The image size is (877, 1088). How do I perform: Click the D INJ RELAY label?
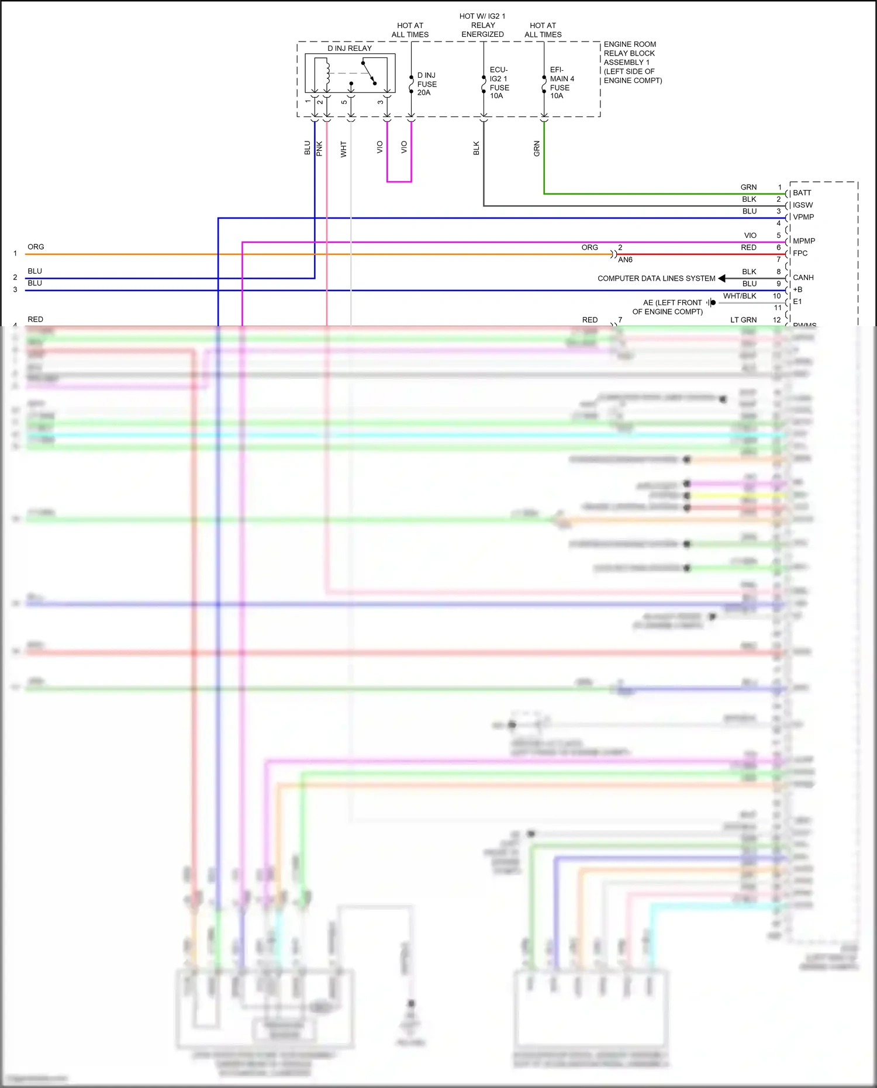[350, 49]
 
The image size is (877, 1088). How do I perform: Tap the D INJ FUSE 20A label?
[427, 84]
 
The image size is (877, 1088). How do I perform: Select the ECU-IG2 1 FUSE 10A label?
[499, 83]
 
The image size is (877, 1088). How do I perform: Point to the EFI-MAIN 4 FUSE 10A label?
[562, 83]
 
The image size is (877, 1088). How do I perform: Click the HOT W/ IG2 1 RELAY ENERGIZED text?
[482, 25]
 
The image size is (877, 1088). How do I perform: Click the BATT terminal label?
[802, 193]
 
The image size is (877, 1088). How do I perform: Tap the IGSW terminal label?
[803, 205]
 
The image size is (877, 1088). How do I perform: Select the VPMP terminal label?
[803, 217]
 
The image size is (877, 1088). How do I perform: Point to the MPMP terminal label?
[804, 241]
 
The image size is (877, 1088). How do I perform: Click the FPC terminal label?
[800, 253]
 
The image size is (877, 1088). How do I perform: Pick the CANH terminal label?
[803, 278]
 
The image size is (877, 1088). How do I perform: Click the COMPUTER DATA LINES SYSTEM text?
[656, 279]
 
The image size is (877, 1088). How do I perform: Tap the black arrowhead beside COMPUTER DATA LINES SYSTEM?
[722, 278]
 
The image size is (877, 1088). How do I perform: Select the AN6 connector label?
[625, 260]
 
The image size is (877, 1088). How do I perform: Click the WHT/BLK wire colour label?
[740, 296]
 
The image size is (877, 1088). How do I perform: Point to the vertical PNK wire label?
[319, 148]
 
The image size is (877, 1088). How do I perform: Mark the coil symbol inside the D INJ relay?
[327, 73]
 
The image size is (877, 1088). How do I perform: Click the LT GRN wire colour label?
[743, 320]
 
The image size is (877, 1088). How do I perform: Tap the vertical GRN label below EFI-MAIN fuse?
[537, 148]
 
